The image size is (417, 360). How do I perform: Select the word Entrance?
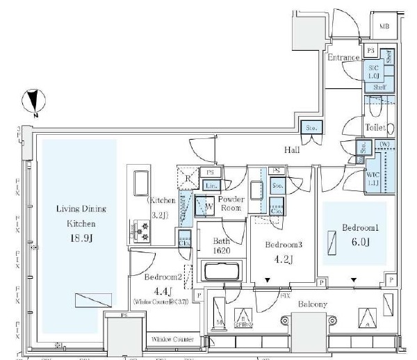point(344,58)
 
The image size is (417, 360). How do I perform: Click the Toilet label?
point(375,128)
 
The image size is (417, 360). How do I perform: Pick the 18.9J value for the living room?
point(74,238)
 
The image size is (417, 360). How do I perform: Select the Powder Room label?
point(231,204)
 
